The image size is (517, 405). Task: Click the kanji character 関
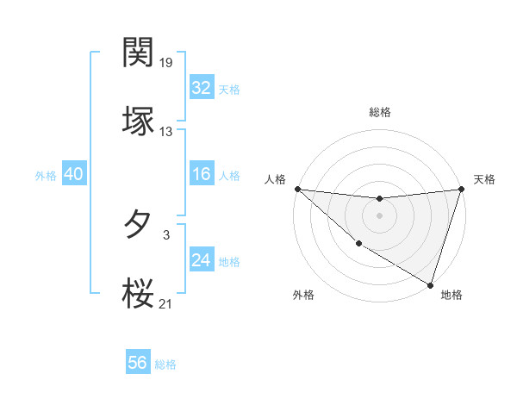click(139, 53)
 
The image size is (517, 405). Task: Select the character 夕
click(139, 225)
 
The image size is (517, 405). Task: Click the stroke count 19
click(166, 62)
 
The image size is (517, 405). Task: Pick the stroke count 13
click(166, 132)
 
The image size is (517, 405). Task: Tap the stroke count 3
click(166, 234)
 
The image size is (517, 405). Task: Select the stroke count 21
click(166, 303)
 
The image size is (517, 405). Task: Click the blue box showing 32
click(202, 88)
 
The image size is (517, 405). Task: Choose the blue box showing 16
click(202, 174)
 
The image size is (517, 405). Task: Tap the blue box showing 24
click(202, 260)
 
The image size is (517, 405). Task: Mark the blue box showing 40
click(74, 174)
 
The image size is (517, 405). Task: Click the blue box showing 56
click(138, 363)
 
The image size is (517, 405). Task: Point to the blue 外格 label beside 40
click(46, 176)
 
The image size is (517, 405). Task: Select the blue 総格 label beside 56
click(165, 364)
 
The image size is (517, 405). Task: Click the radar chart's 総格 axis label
click(379, 112)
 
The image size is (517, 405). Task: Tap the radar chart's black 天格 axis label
click(484, 179)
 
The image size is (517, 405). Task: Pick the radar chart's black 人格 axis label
click(274, 179)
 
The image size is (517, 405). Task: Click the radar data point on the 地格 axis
click(430, 284)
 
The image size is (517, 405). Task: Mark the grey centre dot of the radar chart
click(379, 215)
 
